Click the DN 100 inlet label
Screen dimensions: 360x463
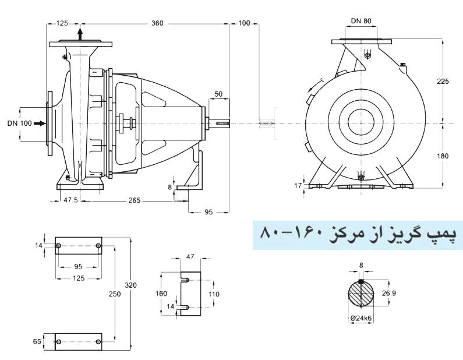pyautogui.click(x=20, y=123)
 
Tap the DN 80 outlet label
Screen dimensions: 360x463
pyautogui.click(x=361, y=22)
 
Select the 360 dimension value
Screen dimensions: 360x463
pyautogui.click(x=157, y=23)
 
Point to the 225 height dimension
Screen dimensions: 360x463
pyautogui.click(x=443, y=82)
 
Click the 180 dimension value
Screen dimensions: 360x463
pyautogui.click(x=443, y=156)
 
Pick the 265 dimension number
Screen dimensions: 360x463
pyautogui.click(x=135, y=200)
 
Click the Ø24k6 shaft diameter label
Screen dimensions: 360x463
pyautogui.click(x=362, y=318)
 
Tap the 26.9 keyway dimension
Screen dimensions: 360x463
pyautogui.click(x=389, y=294)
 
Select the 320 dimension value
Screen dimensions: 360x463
pyautogui.click(x=130, y=285)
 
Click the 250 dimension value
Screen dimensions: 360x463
pyautogui.click(x=114, y=294)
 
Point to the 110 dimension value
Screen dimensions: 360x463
pyautogui.click(x=214, y=294)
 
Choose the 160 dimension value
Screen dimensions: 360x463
pyautogui.click(x=162, y=294)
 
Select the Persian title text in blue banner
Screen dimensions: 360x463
pyautogui.click(x=356, y=235)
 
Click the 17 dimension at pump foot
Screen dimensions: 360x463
pyautogui.click(x=299, y=185)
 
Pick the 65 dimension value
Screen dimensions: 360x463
pyautogui.click(x=38, y=342)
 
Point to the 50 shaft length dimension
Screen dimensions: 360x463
pyautogui.click(x=218, y=93)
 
